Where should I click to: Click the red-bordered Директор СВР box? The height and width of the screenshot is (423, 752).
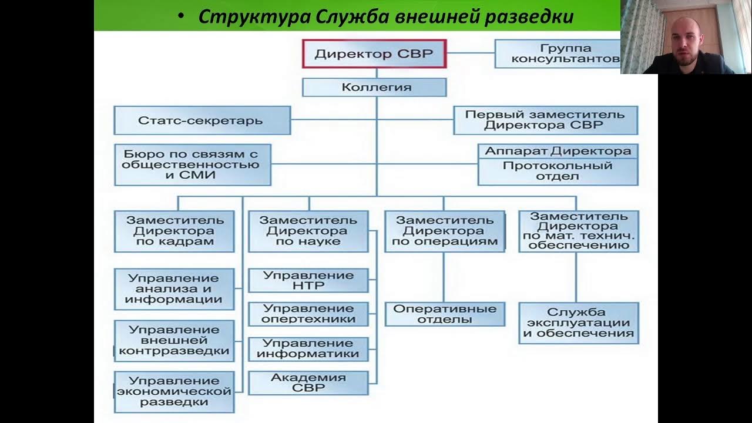[374, 54]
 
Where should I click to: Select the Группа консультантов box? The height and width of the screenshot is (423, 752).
[557, 53]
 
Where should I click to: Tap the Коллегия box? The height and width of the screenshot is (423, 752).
[374, 88]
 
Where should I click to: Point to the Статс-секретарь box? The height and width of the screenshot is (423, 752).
[202, 120]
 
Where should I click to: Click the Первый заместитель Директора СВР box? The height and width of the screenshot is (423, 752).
[545, 120]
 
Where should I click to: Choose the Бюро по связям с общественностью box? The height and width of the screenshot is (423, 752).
[193, 164]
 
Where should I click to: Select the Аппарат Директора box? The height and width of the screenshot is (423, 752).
[558, 151]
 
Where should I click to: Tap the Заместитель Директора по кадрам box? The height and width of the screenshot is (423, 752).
[174, 231]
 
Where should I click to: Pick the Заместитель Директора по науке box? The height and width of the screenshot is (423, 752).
[308, 231]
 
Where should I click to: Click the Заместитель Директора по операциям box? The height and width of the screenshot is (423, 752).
[445, 231]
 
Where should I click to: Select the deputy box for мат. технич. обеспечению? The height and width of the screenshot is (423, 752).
[579, 231]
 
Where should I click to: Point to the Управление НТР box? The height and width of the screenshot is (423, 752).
[308, 280]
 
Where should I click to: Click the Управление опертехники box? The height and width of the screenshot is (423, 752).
[308, 314]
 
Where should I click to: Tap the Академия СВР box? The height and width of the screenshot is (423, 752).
[308, 382]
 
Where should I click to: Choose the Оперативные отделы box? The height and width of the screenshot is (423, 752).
[445, 314]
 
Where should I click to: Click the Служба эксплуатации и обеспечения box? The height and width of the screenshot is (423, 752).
[579, 323]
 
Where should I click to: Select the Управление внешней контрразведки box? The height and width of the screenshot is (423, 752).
[174, 340]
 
